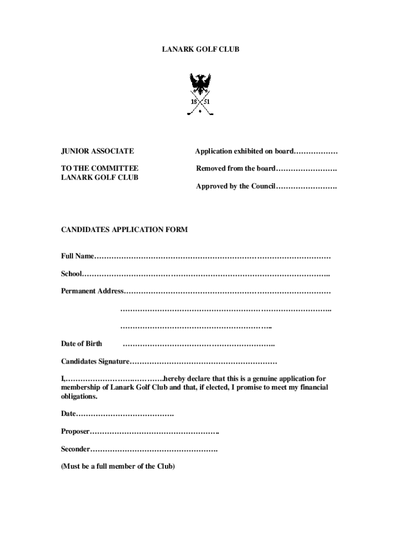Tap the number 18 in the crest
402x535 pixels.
(194, 101)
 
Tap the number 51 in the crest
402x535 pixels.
(207, 101)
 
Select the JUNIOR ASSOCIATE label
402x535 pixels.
(97, 152)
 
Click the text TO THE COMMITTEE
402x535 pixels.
(100, 168)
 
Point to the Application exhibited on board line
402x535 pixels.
(266, 152)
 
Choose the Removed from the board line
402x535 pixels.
(266, 168)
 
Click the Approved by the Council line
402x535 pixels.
(266, 187)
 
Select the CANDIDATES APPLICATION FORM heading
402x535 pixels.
(124, 230)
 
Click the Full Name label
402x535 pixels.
(77, 256)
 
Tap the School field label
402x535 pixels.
(72, 274)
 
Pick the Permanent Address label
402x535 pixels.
(92, 291)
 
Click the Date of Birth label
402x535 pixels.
(81, 344)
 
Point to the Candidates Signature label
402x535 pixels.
(95, 362)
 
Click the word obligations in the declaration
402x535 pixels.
(79, 397)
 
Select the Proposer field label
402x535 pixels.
(75, 432)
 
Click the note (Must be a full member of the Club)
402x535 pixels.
(118, 467)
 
